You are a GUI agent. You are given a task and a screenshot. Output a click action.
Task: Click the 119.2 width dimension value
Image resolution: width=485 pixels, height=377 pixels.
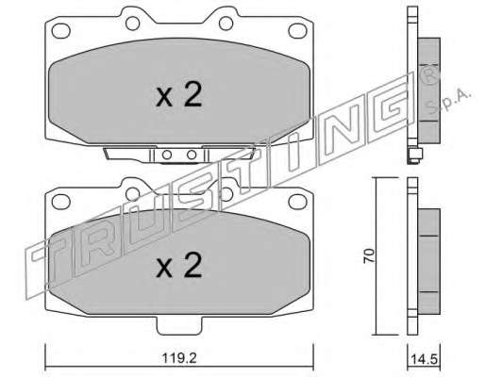coord(179,358)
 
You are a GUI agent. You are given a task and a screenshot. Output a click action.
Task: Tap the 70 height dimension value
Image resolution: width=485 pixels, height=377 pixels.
coord(369,255)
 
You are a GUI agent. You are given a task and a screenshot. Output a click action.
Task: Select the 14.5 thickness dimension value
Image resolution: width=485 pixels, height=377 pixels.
coord(425,359)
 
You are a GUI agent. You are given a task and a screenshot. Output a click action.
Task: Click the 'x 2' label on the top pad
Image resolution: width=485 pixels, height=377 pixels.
coord(179,94)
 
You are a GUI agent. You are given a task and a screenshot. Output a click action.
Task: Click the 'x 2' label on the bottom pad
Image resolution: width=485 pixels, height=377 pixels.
coord(179,266)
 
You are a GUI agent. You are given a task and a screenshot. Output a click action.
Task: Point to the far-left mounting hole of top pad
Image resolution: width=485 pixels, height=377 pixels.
coord(60,31)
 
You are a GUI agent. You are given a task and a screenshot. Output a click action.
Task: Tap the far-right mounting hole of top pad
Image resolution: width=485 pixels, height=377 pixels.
coord(297,31)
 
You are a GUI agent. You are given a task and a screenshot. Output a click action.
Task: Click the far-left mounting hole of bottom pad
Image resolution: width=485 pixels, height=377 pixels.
coord(60,202)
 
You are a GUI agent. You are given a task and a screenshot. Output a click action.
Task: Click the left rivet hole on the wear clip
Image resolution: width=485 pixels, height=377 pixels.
coord(167,155)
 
